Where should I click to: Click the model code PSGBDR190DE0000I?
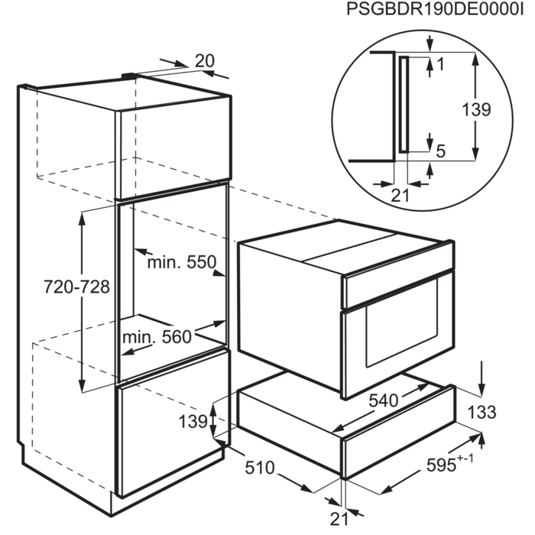434,9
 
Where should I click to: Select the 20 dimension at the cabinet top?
205,61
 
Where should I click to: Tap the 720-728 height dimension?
76,287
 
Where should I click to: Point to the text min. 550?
182,262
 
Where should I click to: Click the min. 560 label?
157,337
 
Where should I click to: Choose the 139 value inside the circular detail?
476,110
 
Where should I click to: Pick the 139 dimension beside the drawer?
193,421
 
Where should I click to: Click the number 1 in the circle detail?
440,64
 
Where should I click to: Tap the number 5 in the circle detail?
441,151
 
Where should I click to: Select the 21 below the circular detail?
400,196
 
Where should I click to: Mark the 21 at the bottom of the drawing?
339,519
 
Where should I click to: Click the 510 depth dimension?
260,468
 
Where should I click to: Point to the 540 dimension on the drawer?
384,400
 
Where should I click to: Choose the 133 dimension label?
481,412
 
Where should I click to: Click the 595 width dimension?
441,465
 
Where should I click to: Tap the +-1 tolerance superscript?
465,459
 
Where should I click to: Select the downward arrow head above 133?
481,390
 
